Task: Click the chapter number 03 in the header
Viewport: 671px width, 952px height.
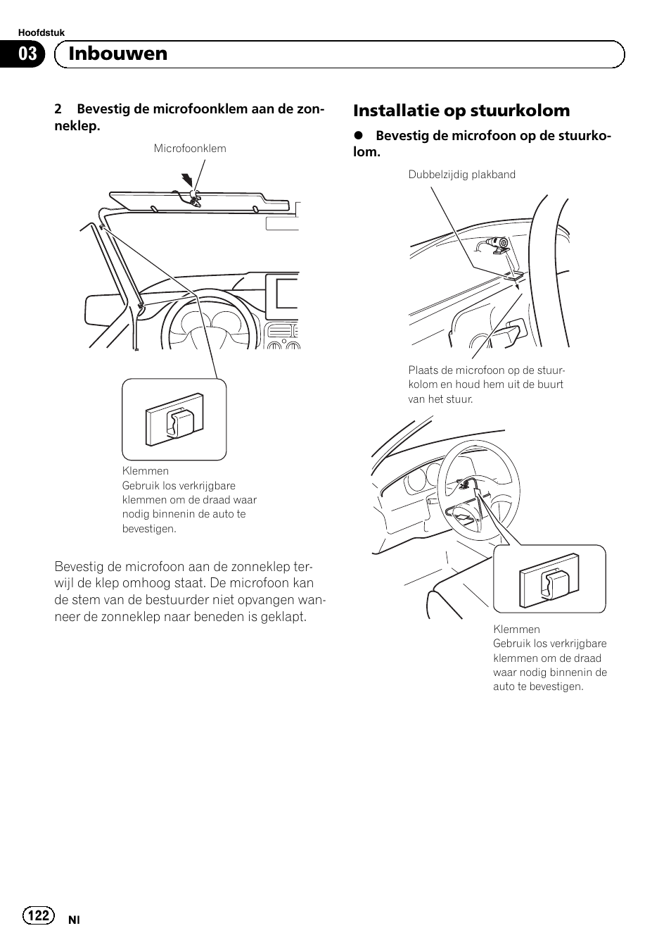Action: (x=27, y=54)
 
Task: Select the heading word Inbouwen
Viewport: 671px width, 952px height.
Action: (x=118, y=54)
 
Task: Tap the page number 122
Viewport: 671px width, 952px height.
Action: (x=39, y=915)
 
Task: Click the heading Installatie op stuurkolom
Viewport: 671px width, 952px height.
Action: (x=461, y=111)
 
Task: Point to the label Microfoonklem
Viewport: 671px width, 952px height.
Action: (x=190, y=149)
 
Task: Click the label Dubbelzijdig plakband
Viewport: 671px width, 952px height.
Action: (x=462, y=175)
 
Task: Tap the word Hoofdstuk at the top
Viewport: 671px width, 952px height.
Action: (x=41, y=33)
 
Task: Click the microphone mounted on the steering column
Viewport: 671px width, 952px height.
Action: (x=496, y=244)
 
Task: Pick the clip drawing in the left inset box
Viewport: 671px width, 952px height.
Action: (x=174, y=424)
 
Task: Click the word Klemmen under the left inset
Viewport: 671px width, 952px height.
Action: (x=146, y=471)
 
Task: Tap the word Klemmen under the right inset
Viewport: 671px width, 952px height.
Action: (x=516, y=629)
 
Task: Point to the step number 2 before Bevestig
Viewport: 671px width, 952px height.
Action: (x=58, y=110)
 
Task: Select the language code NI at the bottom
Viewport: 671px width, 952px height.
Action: (x=74, y=920)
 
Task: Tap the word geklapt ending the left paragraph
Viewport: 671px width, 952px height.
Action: (x=284, y=617)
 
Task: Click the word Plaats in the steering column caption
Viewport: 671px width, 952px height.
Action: (x=423, y=370)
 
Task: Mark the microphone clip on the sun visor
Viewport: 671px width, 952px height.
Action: (x=194, y=196)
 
